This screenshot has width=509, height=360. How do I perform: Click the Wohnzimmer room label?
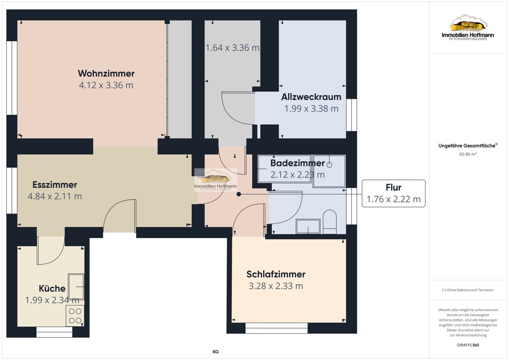(106, 73)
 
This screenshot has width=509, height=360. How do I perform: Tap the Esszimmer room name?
(55, 185)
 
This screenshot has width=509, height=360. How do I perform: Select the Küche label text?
(52, 288)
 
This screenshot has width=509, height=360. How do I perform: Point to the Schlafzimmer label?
(276, 274)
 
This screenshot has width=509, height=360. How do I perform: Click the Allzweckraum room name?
(311, 97)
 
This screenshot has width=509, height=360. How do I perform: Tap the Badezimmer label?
(297, 163)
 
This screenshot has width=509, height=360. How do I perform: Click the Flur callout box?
(394, 193)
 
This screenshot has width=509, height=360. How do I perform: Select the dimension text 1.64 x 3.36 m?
(232, 48)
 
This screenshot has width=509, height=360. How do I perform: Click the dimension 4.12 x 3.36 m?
(106, 85)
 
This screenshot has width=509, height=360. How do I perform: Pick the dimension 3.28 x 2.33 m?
(276, 286)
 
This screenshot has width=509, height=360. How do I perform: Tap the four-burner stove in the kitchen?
(75, 316)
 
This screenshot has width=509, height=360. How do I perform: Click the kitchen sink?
(76, 287)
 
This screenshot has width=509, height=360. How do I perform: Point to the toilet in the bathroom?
(330, 222)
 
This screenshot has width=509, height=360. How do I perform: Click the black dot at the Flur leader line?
(238, 194)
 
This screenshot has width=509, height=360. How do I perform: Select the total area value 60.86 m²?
(468, 154)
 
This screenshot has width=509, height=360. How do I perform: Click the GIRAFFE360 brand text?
(468, 345)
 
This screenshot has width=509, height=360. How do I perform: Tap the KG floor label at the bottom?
(215, 352)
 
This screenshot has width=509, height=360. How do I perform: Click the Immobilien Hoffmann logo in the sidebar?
(468, 27)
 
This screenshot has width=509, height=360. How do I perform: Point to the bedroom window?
(276, 328)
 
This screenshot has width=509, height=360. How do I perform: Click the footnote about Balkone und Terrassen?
(467, 290)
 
